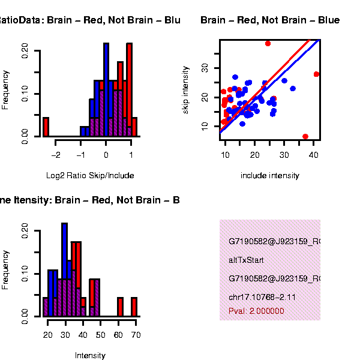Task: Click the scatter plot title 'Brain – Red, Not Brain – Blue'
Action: pos(270,20)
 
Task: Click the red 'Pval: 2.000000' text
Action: pos(256,311)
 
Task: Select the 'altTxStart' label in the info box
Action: pos(246,260)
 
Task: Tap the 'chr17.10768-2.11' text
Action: pos(262,297)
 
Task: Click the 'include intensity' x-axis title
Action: pos(269,175)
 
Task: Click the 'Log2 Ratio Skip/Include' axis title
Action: pos(90,175)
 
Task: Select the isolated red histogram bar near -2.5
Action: pos(46,127)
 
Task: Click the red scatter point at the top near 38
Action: pos(268,43)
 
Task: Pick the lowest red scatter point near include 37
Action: pos(305,137)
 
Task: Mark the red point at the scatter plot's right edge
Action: pos(316,74)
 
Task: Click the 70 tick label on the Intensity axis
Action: pos(136,335)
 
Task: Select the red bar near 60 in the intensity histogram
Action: pos(120,307)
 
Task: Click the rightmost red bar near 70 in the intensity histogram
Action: pos(134,307)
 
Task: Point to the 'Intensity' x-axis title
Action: pos(90,355)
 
